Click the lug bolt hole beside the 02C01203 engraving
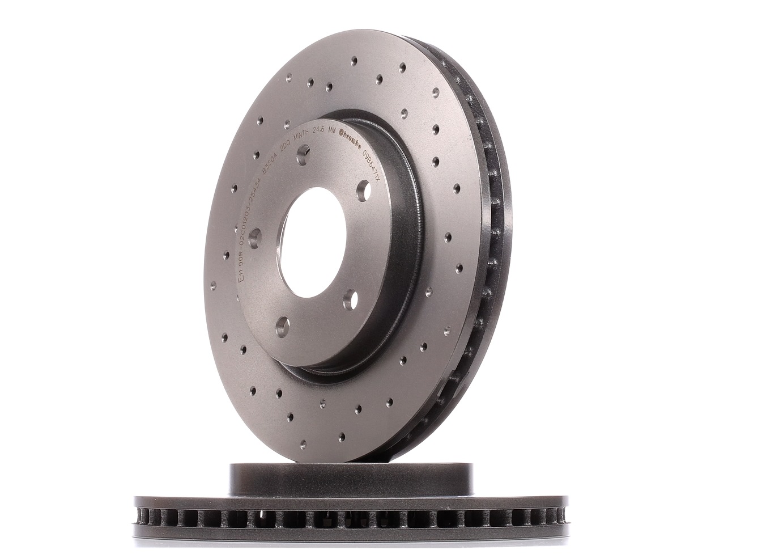[x=254, y=236]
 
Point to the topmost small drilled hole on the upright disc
[x=354, y=60]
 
